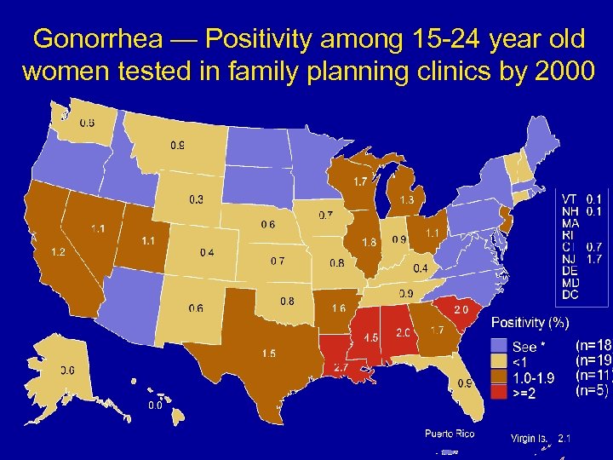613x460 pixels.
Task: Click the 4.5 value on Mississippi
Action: click(370, 338)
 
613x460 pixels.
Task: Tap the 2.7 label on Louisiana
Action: click(340, 368)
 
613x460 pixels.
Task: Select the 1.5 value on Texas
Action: click(268, 353)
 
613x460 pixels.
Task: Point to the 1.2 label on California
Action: click(59, 252)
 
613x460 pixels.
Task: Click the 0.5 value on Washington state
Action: click(87, 122)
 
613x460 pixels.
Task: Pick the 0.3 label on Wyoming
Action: click(196, 199)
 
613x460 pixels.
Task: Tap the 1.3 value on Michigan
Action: click(406, 199)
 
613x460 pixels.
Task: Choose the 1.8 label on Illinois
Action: click(369, 242)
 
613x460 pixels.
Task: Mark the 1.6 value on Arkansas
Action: click(338, 308)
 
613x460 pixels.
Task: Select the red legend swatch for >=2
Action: click(499, 392)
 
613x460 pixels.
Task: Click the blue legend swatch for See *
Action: click(499, 346)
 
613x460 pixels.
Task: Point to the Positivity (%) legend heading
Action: click(530, 323)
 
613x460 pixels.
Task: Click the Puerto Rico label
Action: click(450, 434)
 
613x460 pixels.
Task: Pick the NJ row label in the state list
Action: click(570, 258)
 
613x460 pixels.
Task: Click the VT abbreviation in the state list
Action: click(570, 198)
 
